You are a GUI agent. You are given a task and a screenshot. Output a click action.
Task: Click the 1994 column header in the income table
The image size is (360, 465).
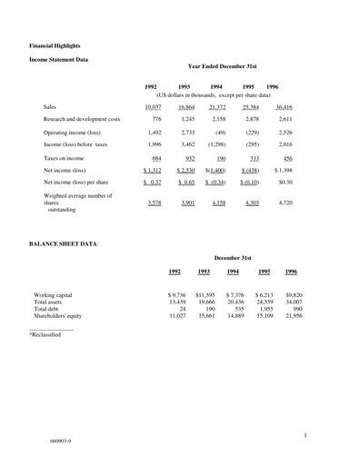coord(216,86)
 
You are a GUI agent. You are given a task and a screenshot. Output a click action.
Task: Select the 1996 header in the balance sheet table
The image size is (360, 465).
coord(291,271)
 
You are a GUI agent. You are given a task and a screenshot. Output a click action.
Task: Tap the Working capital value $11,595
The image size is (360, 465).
coord(204,296)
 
